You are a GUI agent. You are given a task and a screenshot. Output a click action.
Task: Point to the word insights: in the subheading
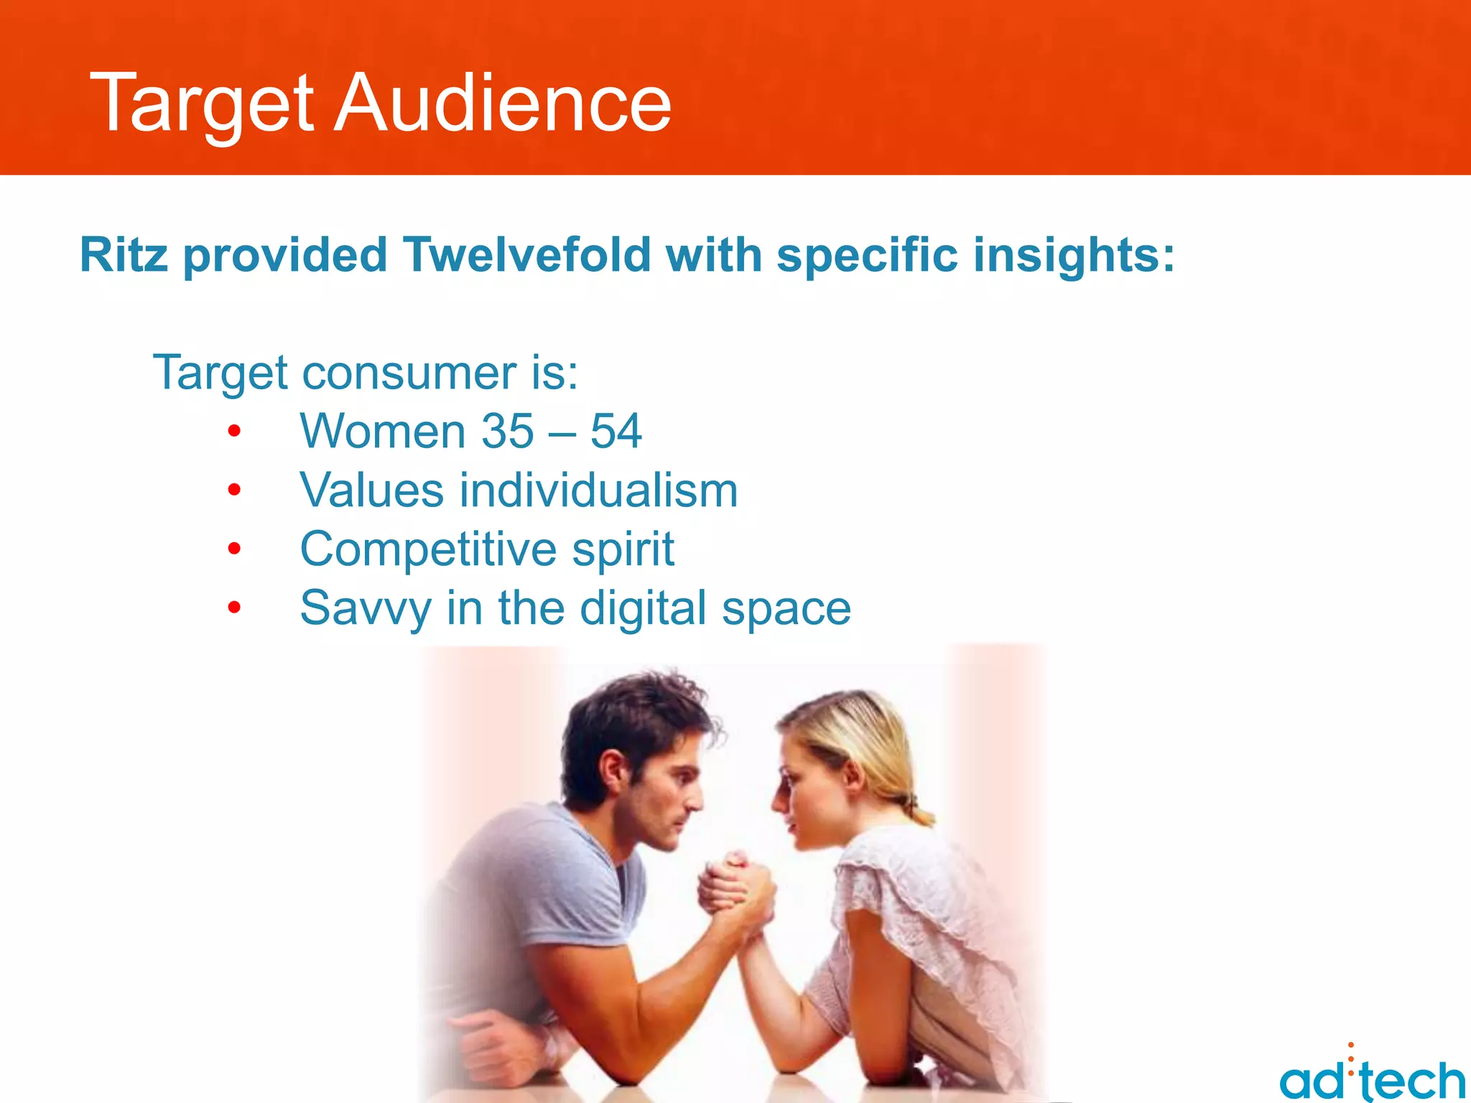(x=1074, y=256)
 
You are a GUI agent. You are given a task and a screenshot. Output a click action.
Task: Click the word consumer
(x=409, y=373)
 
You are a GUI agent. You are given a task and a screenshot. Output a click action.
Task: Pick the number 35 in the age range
(x=507, y=432)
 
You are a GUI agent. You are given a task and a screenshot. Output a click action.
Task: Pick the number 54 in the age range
(x=616, y=432)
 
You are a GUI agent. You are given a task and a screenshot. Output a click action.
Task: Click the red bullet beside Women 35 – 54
(x=234, y=432)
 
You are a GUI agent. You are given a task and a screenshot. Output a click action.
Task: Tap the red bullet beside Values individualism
(x=234, y=490)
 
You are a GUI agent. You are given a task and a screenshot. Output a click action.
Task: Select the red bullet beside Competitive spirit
(x=234, y=549)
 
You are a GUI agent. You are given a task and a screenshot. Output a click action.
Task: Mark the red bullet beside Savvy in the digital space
(x=234, y=608)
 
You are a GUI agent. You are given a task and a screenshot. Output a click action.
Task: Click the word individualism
(x=598, y=490)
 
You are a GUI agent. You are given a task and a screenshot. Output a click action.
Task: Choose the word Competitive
(x=428, y=549)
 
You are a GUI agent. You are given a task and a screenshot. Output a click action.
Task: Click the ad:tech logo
(x=1372, y=1077)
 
